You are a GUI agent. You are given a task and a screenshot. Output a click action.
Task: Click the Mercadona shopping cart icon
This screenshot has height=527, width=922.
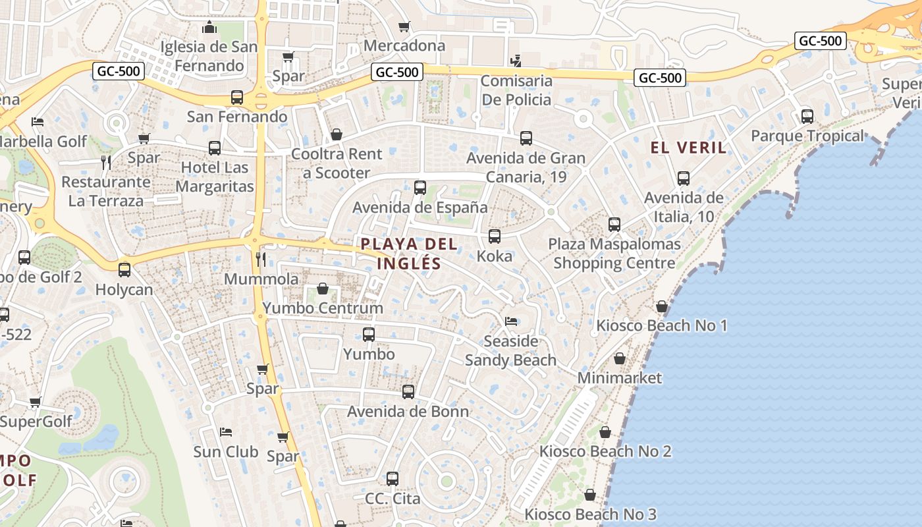point(404,27)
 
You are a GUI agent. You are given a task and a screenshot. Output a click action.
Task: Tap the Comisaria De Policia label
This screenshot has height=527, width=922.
point(516,90)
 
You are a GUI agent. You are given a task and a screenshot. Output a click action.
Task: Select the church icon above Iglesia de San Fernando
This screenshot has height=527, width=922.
point(210,27)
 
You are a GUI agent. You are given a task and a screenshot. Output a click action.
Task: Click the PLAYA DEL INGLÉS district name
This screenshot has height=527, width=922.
point(409,254)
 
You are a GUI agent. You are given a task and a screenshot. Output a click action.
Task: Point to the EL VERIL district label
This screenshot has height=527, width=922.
point(689,148)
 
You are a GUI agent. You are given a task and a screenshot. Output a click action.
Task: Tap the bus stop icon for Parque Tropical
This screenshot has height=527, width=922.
point(807,117)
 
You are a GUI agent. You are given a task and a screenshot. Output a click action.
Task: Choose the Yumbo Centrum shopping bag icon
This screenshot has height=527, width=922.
point(323,289)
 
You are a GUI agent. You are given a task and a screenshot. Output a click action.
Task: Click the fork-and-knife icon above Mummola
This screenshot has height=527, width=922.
point(261,259)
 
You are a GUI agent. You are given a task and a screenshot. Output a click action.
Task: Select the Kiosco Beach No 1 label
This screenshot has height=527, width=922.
point(661,325)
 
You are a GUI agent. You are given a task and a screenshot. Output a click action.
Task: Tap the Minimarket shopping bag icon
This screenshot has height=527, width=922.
point(620,358)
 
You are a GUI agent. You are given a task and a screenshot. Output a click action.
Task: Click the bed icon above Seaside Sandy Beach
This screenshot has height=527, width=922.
point(511,321)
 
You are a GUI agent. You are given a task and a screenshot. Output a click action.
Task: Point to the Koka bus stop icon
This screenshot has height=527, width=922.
point(495,236)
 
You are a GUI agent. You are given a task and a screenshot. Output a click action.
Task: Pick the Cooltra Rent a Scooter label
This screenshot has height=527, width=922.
point(337,163)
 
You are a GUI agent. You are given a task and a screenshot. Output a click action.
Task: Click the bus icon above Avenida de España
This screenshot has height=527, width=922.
point(420,187)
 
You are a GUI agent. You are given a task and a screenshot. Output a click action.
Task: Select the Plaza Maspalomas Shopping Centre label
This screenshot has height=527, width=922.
point(614,254)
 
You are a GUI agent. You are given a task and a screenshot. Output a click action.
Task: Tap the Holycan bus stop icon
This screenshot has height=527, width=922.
point(124,269)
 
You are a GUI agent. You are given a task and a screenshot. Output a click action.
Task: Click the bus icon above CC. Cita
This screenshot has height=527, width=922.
point(393,479)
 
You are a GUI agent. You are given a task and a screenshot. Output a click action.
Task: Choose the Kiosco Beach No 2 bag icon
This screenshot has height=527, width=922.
point(605,432)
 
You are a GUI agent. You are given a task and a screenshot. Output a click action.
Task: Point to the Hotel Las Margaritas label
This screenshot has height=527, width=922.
point(215,177)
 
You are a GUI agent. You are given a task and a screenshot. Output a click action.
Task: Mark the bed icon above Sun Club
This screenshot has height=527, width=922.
point(226,432)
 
